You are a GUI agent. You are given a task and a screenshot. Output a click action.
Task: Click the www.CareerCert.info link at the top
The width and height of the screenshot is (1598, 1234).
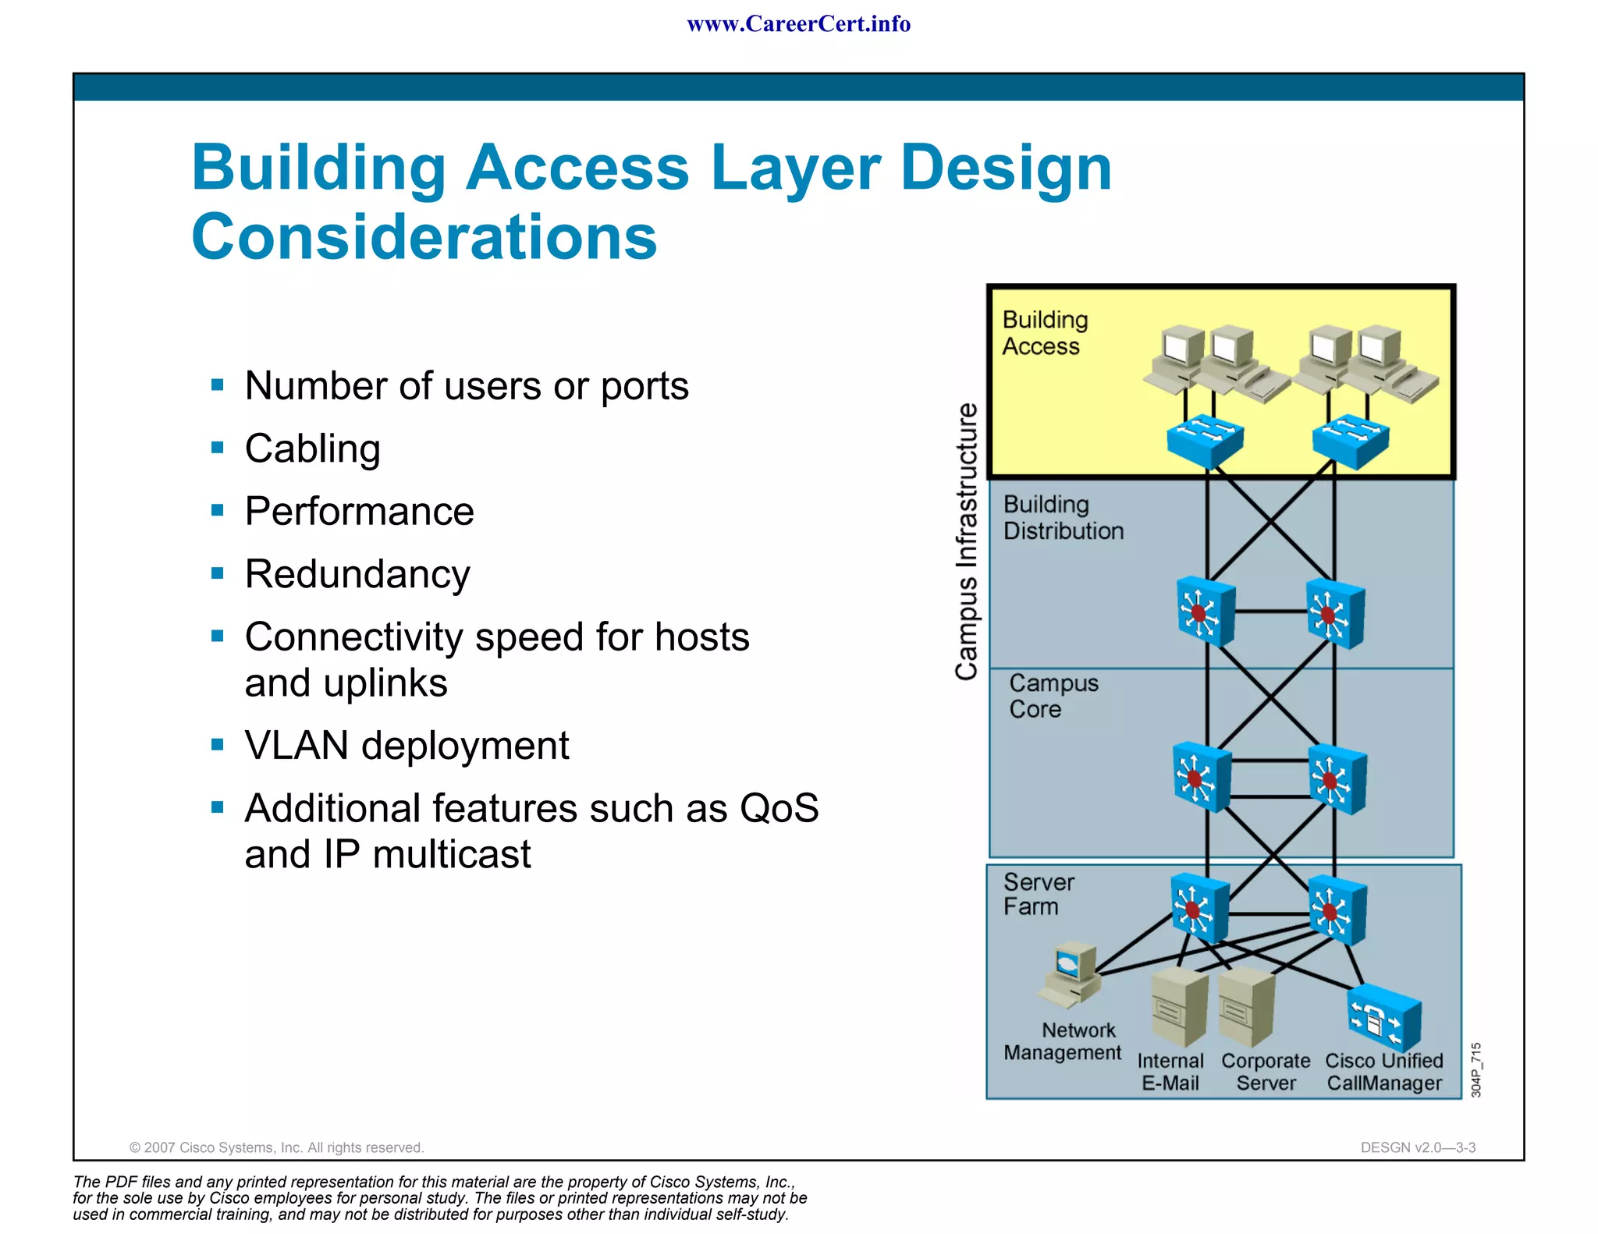798,24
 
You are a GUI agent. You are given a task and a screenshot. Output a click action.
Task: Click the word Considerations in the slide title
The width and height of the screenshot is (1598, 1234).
424,237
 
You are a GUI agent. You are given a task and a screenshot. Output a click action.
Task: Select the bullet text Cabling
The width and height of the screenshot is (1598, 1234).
312,449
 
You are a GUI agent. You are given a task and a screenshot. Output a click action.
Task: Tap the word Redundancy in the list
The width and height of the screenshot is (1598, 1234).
357,575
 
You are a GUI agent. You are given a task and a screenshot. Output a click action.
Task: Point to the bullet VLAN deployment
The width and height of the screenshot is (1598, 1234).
407,746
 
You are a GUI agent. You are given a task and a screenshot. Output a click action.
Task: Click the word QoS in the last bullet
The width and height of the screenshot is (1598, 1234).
779,808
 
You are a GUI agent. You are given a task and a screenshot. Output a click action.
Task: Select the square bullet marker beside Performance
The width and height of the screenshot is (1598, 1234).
218,511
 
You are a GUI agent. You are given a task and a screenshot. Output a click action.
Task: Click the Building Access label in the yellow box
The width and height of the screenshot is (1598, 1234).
1044,333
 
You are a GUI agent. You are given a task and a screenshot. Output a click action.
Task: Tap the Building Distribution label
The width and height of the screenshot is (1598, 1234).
1063,518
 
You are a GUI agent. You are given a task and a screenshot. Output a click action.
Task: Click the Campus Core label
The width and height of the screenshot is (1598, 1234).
1053,696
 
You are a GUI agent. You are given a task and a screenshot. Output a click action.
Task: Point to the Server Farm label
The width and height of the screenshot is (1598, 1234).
1038,894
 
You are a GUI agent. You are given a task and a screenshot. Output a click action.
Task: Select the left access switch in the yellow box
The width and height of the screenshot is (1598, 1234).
1205,441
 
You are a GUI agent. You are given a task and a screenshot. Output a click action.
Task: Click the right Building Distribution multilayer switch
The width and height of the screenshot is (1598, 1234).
1335,613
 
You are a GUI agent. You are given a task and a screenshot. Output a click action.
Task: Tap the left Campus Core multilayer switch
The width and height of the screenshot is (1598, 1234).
1202,777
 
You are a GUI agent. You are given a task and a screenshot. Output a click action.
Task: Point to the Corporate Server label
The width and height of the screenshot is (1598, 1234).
1266,1073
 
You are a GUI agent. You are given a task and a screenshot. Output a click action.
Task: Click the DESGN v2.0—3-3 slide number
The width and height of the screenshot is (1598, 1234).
1417,1147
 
